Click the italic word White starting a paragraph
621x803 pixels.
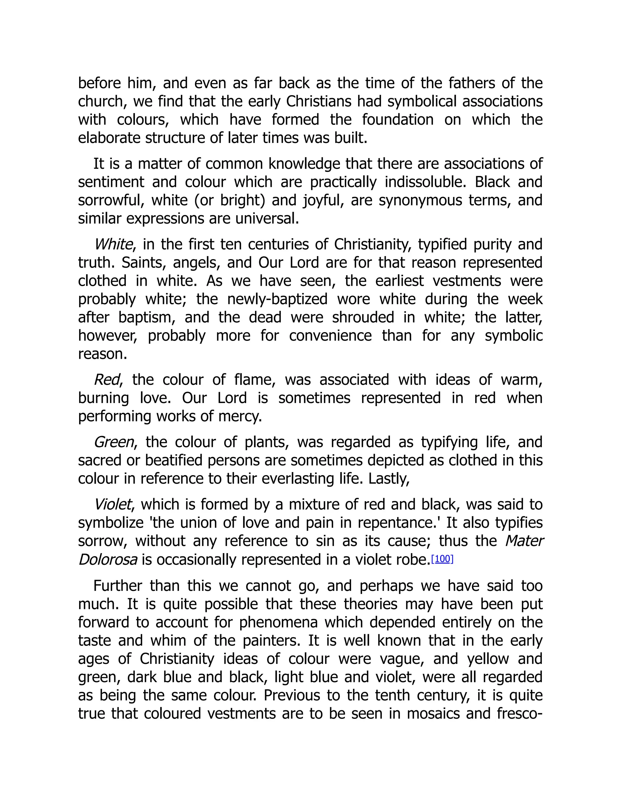pos(113,245)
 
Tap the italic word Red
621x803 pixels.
pos(107,380)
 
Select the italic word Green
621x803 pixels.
pos(114,442)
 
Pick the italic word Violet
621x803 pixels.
pos(112,505)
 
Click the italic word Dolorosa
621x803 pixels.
pos(108,560)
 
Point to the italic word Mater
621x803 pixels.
pos(524,541)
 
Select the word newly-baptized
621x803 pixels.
pos(277,299)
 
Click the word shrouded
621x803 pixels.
pos(363,317)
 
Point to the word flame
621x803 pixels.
pos(254,380)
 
